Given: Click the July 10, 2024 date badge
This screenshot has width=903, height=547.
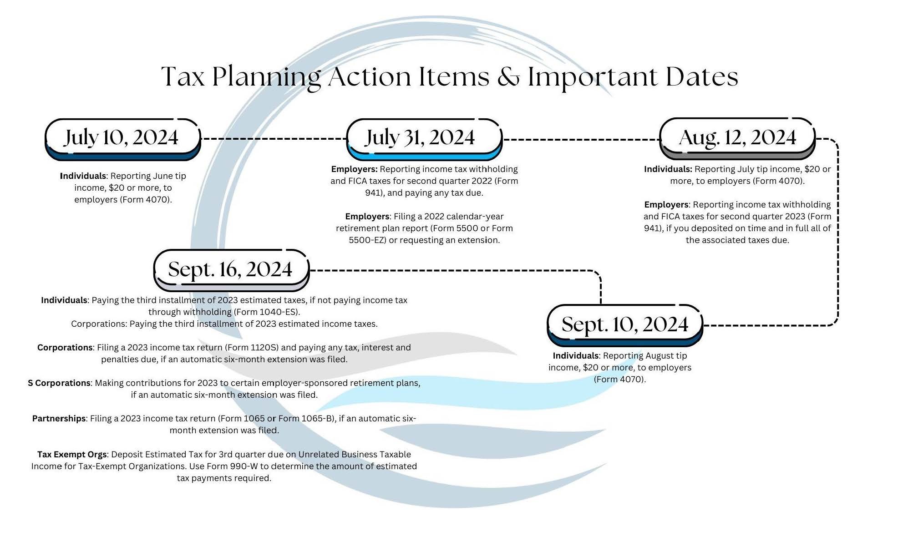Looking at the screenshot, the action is (x=123, y=139).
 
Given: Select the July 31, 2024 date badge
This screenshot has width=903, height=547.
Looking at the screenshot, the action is (x=425, y=139).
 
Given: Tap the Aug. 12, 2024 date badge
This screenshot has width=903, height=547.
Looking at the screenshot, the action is (x=737, y=139).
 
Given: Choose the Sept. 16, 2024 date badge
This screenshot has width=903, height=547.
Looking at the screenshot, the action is (x=232, y=270).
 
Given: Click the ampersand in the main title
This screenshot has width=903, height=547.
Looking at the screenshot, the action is (x=508, y=77).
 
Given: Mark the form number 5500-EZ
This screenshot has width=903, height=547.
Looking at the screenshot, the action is (x=367, y=240).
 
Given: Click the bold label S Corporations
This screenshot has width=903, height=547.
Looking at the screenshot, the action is (x=59, y=383).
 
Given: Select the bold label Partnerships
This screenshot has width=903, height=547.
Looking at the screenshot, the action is (x=59, y=419).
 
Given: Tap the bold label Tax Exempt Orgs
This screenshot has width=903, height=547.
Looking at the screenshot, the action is (x=72, y=455).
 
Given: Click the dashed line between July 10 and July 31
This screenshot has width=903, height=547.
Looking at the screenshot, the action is (x=274, y=138).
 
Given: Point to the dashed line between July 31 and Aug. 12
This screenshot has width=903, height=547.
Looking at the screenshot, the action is (x=581, y=139).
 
